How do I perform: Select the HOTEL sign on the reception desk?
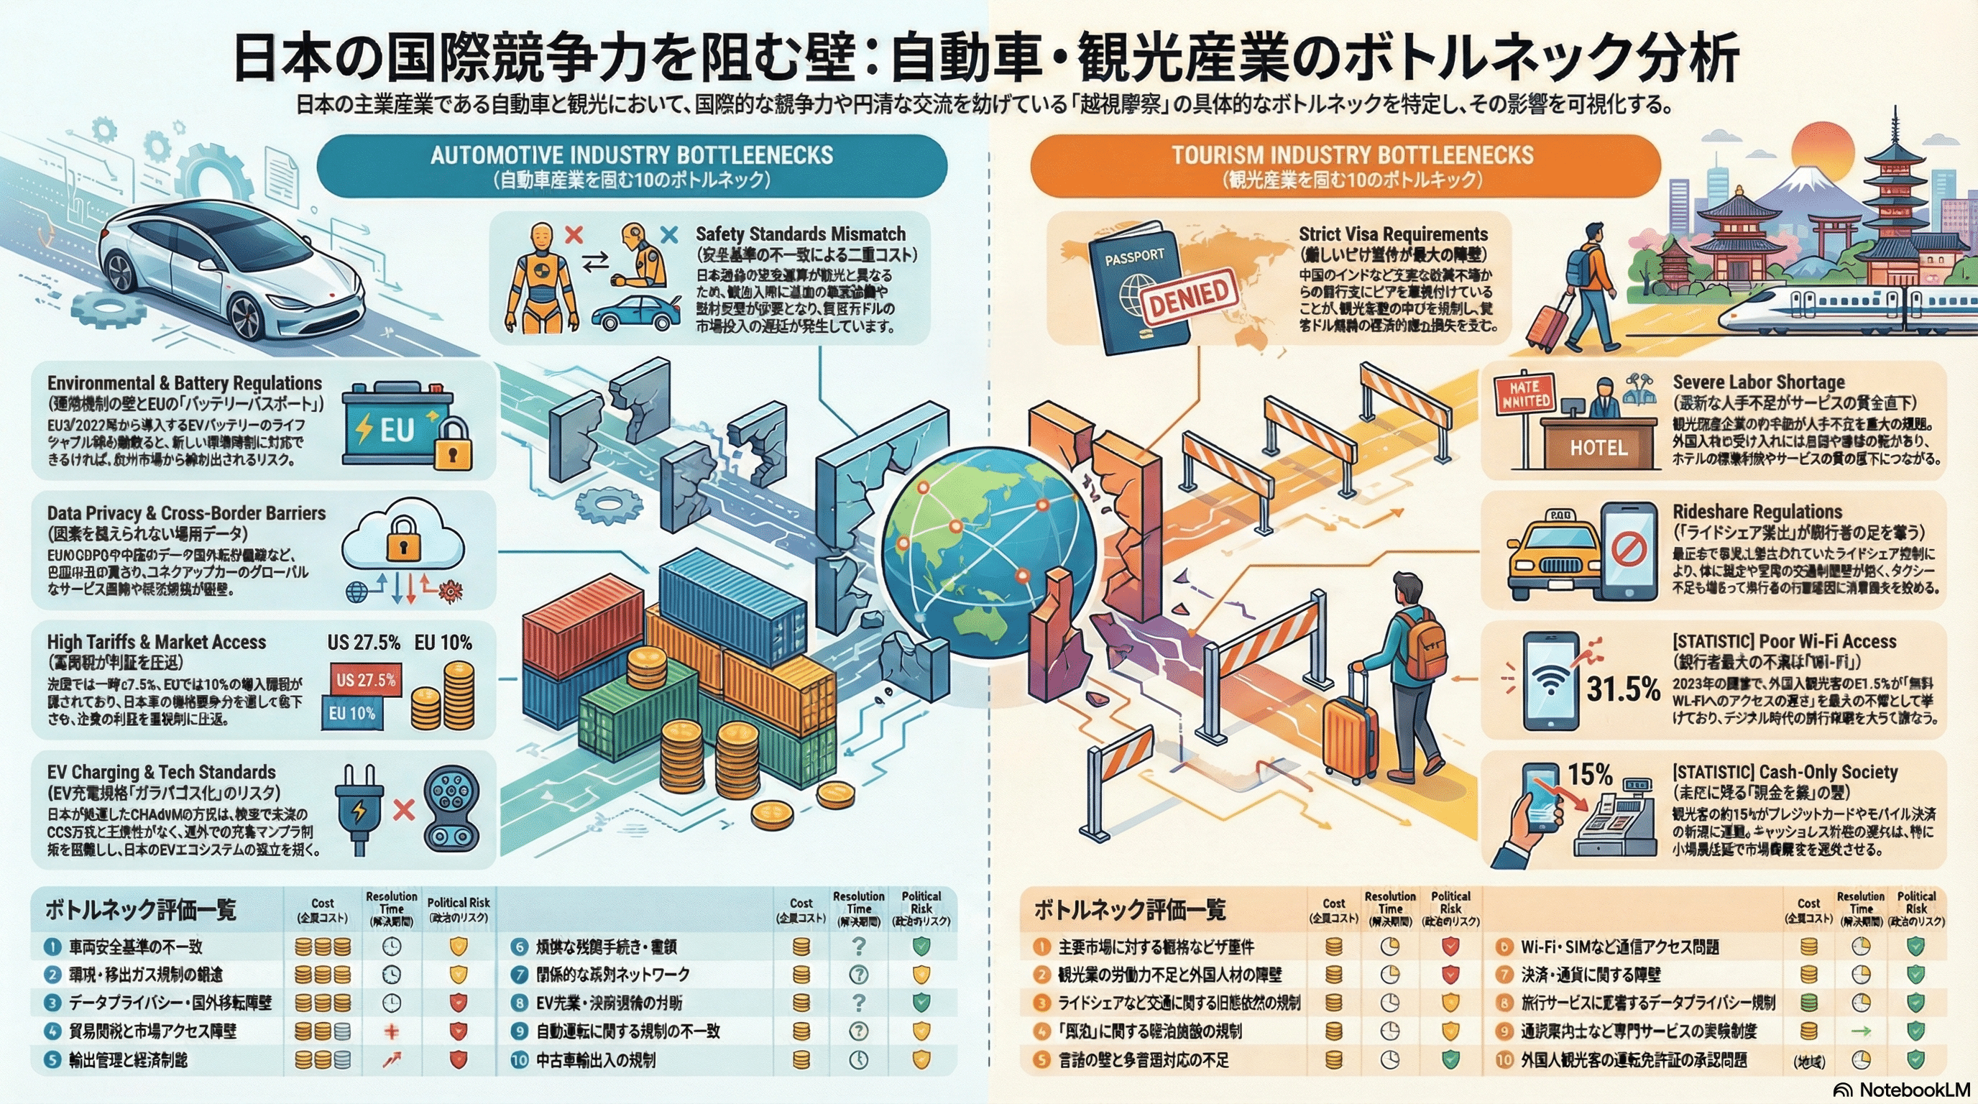pyautogui.click(x=1598, y=448)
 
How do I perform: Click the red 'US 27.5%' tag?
pyautogui.click(x=367, y=680)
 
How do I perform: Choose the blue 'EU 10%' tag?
pyautogui.click(x=351, y=713)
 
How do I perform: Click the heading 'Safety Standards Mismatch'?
pyautogui.click(x=800, y=234)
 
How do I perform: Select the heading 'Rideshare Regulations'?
pyautogui.click(x=1757, y=512)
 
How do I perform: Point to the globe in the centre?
pyautogui.click(x=990, y=553)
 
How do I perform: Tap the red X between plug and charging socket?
pyautogui.click(x=404, y=809)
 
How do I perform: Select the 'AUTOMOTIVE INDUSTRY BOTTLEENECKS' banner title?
pyautogui.click(x=631, y=156)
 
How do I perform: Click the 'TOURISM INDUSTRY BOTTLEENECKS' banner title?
pyautogui.click(x=1352, y=156)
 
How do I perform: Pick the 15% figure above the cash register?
pyautogui.click(x=1588, y=775)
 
